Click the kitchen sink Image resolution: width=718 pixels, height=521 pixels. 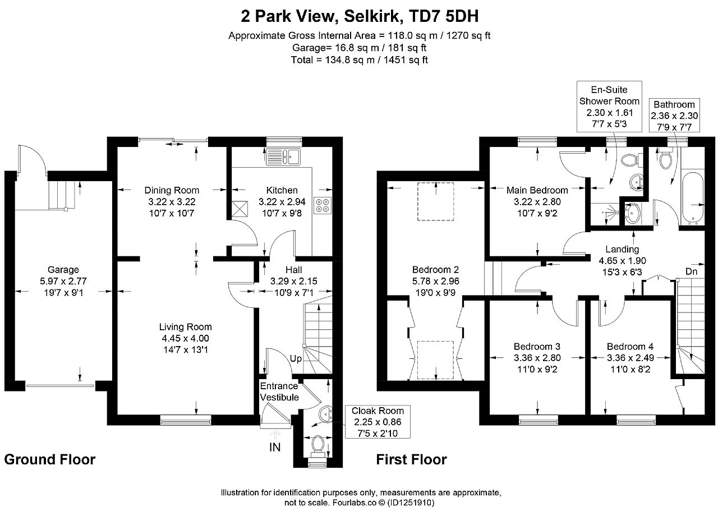click(x=283, y=156)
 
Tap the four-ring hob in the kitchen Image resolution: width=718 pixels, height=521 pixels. click(x=323, y=205)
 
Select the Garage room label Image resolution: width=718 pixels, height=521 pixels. click(x=63, y=270)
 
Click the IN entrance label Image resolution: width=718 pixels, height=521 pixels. click(x=275, y=448)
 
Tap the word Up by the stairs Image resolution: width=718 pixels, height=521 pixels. click(x=296, y=358)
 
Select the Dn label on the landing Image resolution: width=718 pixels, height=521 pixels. click(x=692, y=271)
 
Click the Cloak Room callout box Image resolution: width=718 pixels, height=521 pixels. click(x=378, y=422)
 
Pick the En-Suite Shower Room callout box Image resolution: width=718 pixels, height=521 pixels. click(x=609, y=107)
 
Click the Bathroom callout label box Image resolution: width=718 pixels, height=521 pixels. click(x=674, y=116)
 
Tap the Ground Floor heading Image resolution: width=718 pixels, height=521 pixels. click(x=50, y=459)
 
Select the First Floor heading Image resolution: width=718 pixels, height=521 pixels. click(x=411, y=459)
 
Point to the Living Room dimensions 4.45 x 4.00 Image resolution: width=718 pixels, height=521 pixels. click(x=185, y=338)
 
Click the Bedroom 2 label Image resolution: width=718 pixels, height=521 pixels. click(x=435, y=270)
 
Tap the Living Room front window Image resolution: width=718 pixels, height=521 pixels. click(x=186, y=419)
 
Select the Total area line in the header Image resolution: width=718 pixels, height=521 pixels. click(x=359, y=60)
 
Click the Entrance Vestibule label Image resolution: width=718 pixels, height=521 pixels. click(x=279, y=391)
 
